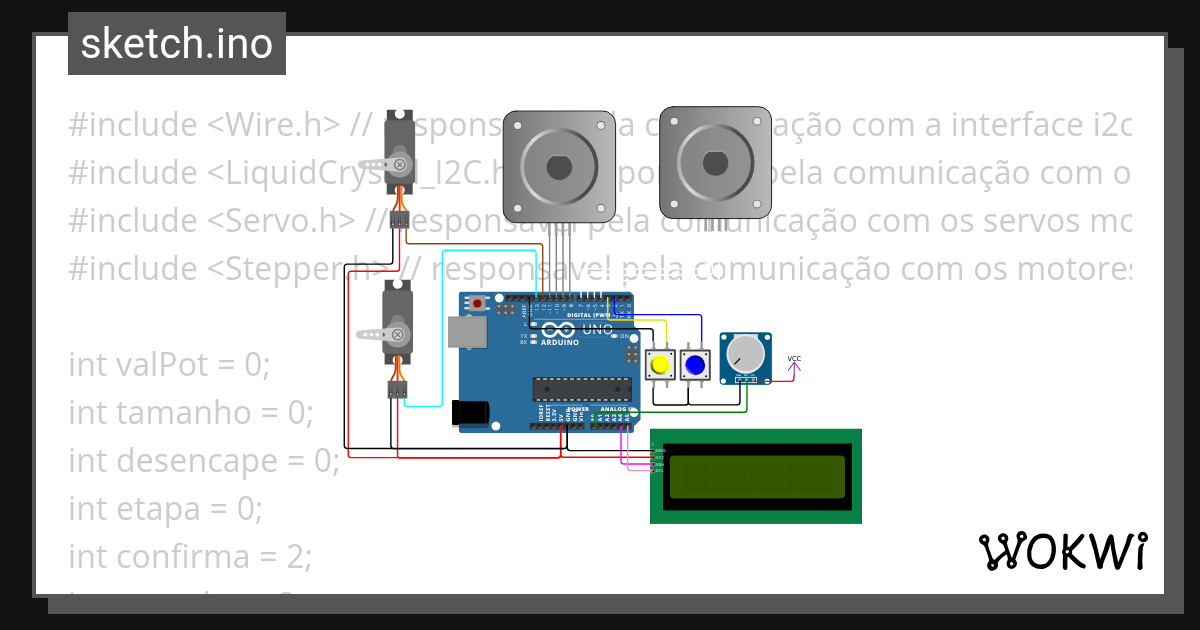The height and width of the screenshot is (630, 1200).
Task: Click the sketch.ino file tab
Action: point(177,44)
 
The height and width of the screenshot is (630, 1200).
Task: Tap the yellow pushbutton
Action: point(659,365)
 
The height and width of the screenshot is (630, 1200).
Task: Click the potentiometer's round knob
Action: point(745,353)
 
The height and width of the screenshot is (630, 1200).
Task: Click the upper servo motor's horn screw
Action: point(399,163)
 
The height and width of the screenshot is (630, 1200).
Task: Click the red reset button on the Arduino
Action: point(478,303)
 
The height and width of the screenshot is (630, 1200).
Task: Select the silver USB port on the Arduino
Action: point(465,332)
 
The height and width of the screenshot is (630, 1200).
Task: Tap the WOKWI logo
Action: point(1062,551)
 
